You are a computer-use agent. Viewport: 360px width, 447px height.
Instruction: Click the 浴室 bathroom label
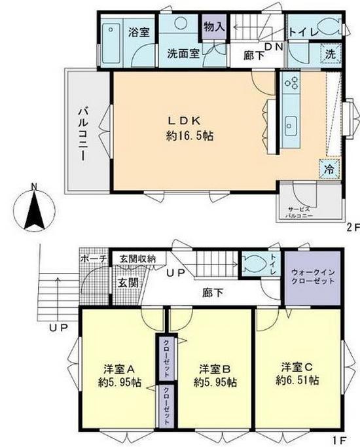pos(139,33)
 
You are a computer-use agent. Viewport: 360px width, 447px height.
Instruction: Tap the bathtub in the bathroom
pos(111,44)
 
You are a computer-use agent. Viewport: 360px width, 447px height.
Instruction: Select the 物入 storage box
pos(214,27)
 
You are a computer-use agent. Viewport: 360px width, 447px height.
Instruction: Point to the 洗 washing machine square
pos(331,54)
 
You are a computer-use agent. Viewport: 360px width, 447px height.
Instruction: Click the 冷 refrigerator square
pos(329,169)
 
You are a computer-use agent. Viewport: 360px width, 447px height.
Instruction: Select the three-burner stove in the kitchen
pos(291,82)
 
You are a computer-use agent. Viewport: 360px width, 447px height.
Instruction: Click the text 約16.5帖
pos(190,135)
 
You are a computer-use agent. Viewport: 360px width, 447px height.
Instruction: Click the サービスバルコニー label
pos(299,212)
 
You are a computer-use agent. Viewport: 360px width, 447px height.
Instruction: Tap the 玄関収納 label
pos(137,259)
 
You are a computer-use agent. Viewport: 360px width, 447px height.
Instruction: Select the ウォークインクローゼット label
pos(313,276)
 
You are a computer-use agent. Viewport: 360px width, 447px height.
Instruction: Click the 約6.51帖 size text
pos(297,380)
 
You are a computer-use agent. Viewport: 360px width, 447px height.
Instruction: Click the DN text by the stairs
pos(274,46)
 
